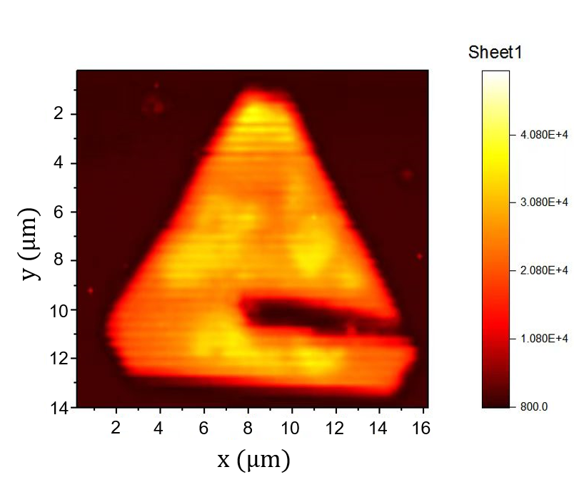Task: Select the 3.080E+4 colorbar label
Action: click(543, 202)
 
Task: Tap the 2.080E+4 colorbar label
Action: click(543, 270)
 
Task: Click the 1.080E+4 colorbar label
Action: click(543, 338)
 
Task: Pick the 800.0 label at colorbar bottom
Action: click(534, 406)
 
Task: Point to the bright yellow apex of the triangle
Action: click(258, 111)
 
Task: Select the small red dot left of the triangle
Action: click(91, 290)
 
